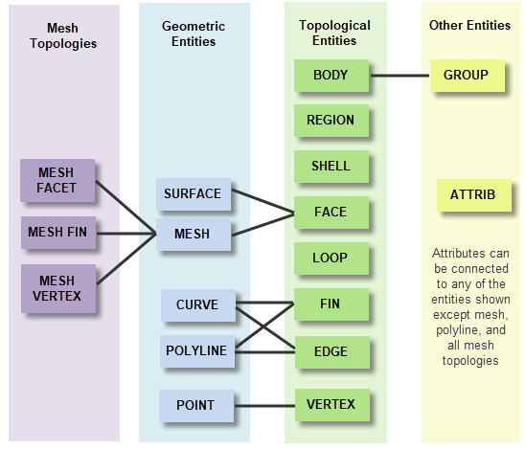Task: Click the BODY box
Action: click(331, 76)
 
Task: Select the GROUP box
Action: click(468, 76)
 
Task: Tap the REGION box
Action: click(331, 121)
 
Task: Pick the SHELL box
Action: click(331, 167)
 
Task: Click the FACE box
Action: click(331, 213)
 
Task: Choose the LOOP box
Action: click(331, 259)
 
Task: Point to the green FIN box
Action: click(331, 304)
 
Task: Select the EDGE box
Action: click(332, 352)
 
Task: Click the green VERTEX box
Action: click(332, 405)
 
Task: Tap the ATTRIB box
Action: click(474, 195)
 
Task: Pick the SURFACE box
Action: click(194, 194)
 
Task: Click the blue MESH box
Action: click(194, 235)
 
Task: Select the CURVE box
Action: click(198, 305)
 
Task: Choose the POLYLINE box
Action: click(197, 351)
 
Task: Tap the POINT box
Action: click(196, 406)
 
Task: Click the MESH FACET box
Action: click(57, 180)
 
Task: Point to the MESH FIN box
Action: click(58, 233)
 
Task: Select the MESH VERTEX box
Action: click(58, 288)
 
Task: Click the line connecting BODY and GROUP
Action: click(399, 76)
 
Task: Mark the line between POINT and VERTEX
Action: click(264, 406)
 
